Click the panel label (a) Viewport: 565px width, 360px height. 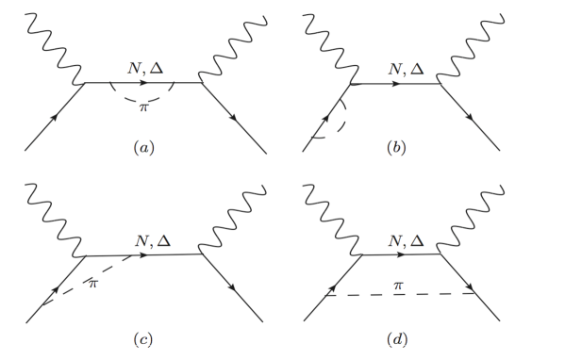click(142, 148)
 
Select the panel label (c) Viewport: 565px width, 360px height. click(142, 336)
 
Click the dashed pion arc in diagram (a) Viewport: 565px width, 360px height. click(143, 100)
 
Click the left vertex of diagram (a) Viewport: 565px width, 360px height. click(87, 83)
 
